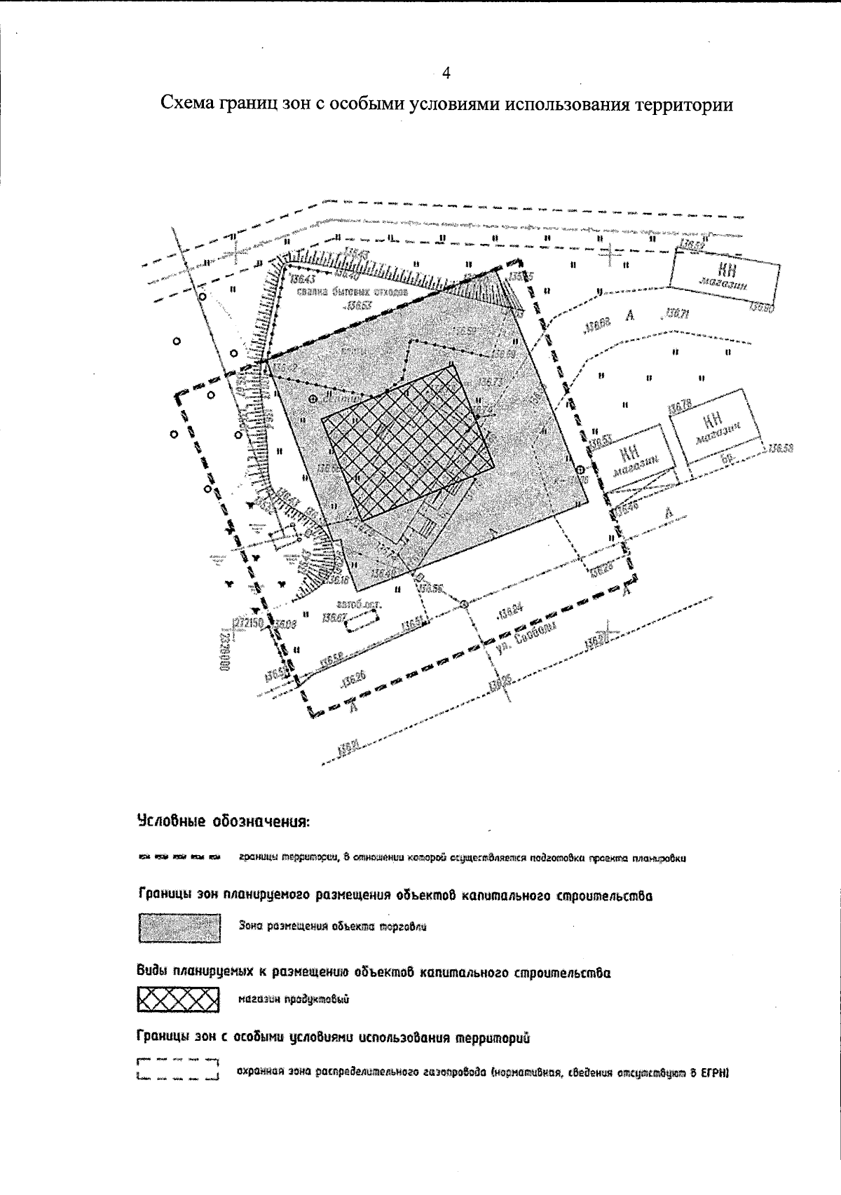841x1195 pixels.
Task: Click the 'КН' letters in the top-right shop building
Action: click(727, 270)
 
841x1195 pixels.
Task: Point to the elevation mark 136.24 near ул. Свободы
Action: click(510, 613)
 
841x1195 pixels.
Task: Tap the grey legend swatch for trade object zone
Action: click(179, 928)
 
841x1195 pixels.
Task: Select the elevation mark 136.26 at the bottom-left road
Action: click(354, 678)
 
